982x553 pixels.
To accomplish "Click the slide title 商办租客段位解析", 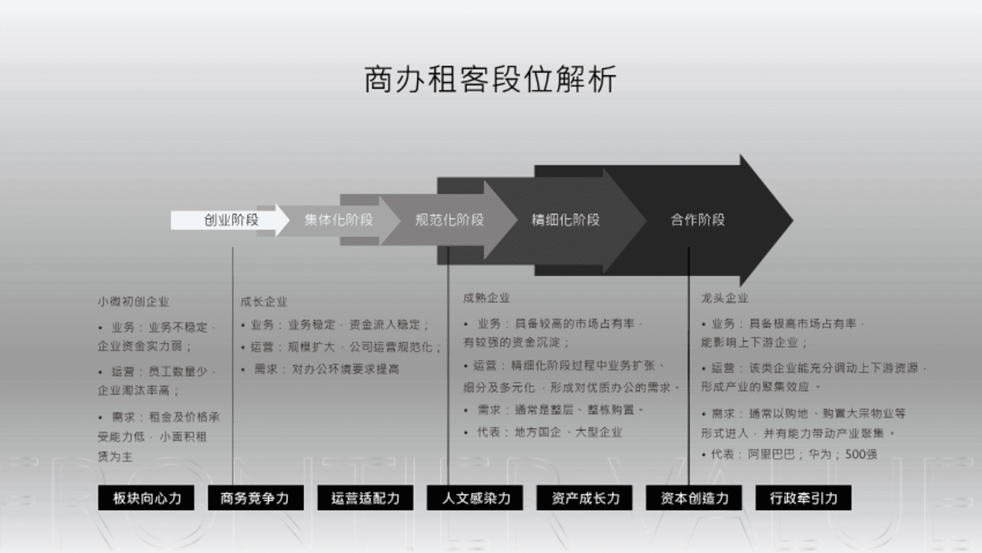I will (490, 80).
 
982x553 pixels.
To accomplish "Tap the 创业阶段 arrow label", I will (231, 220).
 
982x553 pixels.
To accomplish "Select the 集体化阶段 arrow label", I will (339, 220).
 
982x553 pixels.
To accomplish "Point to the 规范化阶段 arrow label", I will (449, 220).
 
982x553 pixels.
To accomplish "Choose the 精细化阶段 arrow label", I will (565, 220).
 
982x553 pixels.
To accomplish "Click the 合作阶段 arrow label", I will (698, 220).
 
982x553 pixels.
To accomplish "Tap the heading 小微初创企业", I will (133, 302).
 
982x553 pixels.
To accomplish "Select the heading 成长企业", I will (264, 302).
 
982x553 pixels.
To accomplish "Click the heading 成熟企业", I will (486, 298).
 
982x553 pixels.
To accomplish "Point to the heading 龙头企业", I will (724, 298).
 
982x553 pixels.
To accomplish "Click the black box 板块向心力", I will (146, 498).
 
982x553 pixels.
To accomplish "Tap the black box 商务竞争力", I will (256, 498).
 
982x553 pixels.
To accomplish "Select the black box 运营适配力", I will (365, 498).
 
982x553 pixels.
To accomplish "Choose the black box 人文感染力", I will (475, 498).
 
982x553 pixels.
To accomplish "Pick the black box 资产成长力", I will (585, 498).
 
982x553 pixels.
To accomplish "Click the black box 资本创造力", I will (694, 498).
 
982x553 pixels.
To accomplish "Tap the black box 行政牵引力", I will (804, 498).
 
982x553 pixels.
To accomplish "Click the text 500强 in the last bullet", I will (861, 454).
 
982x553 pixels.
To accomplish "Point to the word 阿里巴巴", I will (771, 454).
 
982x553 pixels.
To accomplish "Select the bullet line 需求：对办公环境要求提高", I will (326, 369).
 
